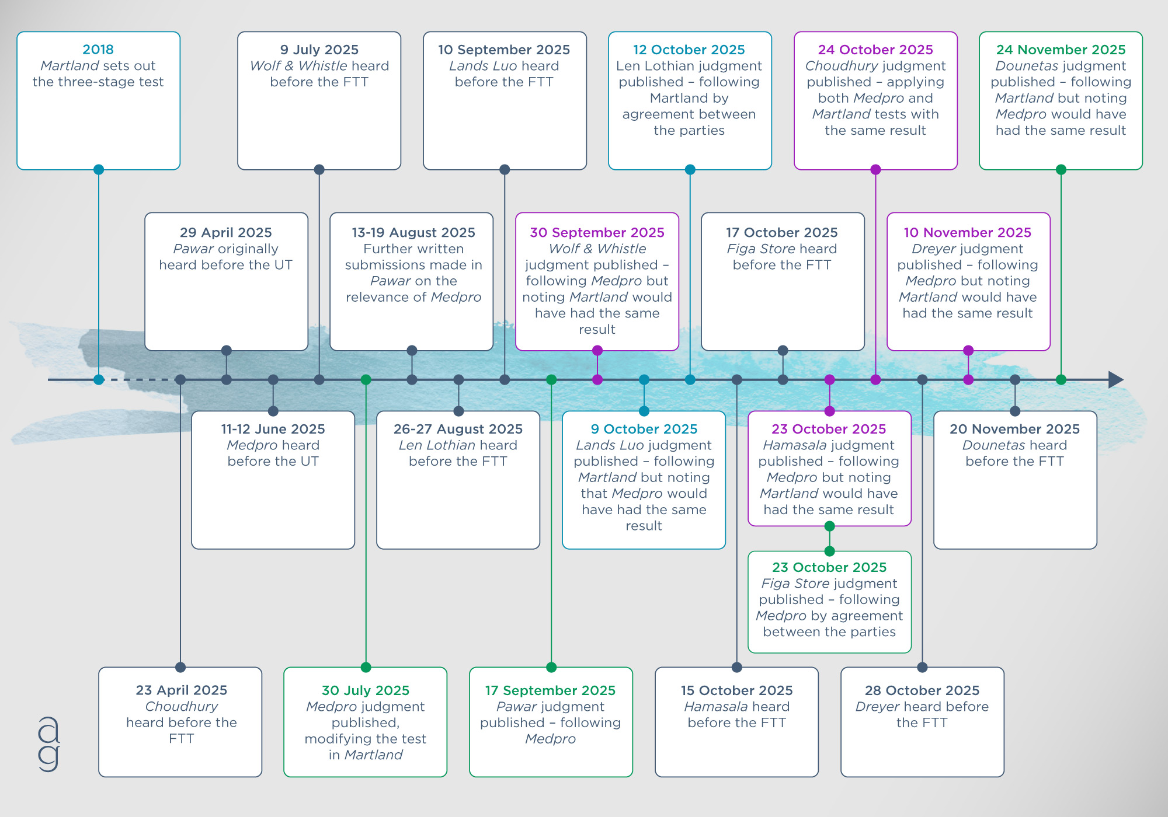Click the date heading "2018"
pyautogui.click(x=98, y=50)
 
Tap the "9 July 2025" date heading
pyautogui.click(x=319, y=50)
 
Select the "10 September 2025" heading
pyautogui.click(x=504, y=50)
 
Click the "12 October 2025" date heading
pyautogui.click(x=689, y=50)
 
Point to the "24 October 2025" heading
pyautogui.click(x=875, y=50)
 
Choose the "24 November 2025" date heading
pyautogui.click(x=1061, y=50)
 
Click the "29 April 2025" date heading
pyautogui.click(x=226, y=232)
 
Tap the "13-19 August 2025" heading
pyautogui.click(x=413, y=232)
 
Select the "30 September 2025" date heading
pyautogui.click(x=597, y=232)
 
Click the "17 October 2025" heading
pyautogui.click(x=782, y=232)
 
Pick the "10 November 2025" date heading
pyautogui.click(x=968, y=232)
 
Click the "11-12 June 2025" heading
pyautogui.click(x=273, y=429)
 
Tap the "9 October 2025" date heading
pyautogui.click(x=644, y=429)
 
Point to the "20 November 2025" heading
pyautogui.click(x=1014, y=429)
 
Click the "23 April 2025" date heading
pyautogui.click(x=182, y=690)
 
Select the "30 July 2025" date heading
pyautogui.click(x=366, y=690)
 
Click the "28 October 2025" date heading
pyautogui.click(x=922, y=690)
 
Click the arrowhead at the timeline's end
pyautogui.click(x=1115, y=380)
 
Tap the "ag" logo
pyautogui.click(x=49, y=744)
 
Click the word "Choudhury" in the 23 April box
pyautogui.click(x=182, y=706)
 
